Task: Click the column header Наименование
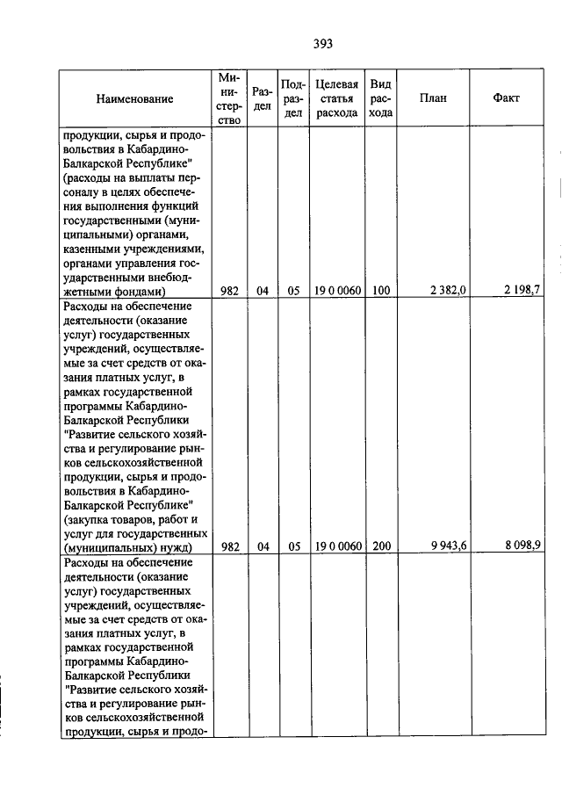[x=135, y=99]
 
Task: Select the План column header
[x=433, y=98]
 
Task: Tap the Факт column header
[x=507, y=98]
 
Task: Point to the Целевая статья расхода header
[x=336, y=98]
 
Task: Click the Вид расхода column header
[x=380, y=98]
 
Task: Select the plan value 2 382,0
[x=448, y=290]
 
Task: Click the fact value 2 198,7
[x=522, y=290]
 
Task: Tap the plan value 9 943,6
[x=448, y=546]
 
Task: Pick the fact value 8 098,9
[x=522, y=546]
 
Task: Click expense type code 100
[x=380, y=290]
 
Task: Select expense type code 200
[x=380, y=546]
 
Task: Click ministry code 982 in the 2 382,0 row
[x=230, y=290]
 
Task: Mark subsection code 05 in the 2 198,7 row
[x=293, y=290]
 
